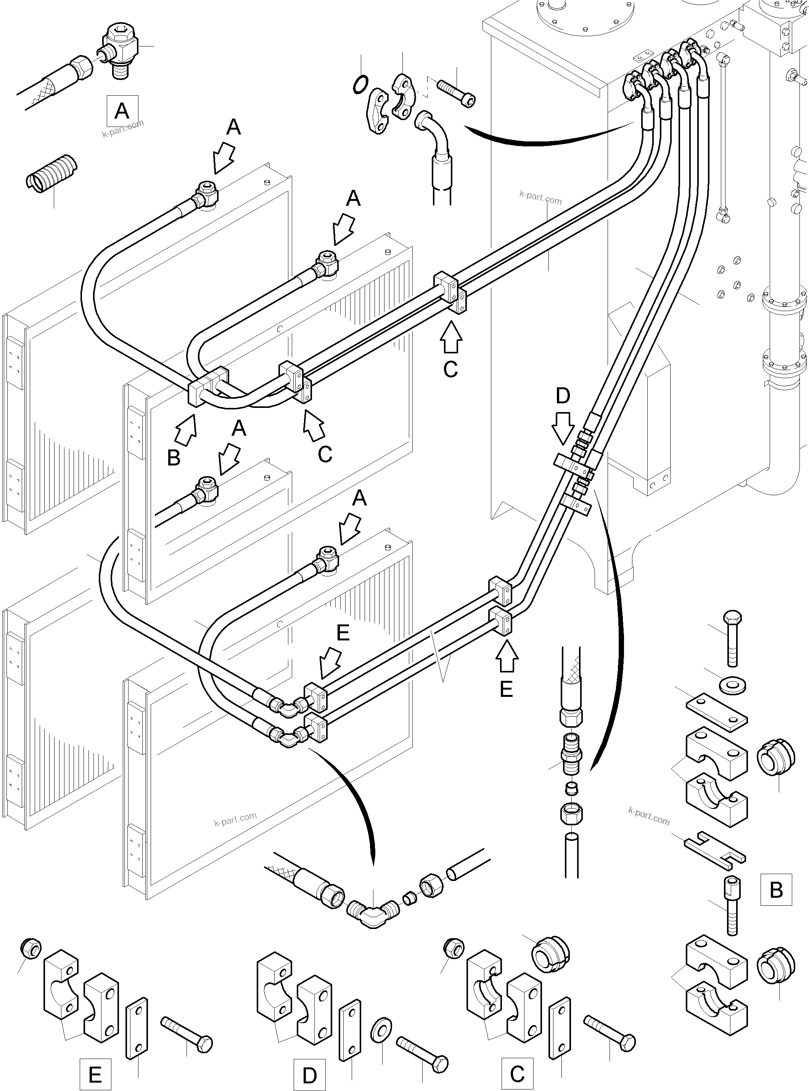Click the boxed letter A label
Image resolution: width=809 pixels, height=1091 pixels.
[x=122, y=111]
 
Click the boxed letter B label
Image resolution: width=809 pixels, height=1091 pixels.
[x=776, y=889]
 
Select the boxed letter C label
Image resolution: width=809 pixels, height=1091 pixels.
[x=517, y=1073]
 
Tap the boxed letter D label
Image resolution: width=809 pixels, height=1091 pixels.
[x=309, y=1075]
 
